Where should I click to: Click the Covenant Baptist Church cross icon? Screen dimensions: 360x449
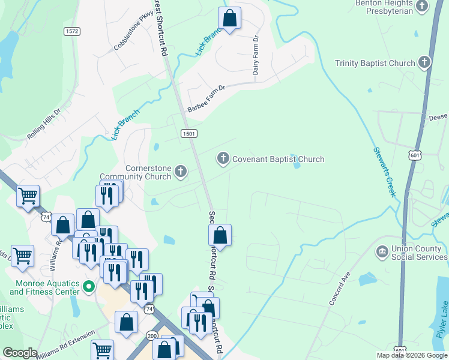pos(223,159)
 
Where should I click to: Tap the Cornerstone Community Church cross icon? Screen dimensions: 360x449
pos(180,173)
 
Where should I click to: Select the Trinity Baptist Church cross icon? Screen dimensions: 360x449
pos(424,63)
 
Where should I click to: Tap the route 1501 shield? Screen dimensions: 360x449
pos(188,134)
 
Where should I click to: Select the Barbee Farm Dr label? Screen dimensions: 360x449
pos(206,98)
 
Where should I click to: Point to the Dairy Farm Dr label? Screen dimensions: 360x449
pos(256,55)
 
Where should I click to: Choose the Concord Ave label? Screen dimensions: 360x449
pos(339,290)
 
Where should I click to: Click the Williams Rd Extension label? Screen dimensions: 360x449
pos(65,346)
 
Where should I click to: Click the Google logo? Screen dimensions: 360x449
pos(20,353)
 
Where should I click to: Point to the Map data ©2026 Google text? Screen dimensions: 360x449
pos(411,355)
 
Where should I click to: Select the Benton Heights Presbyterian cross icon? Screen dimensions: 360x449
pos(422,6)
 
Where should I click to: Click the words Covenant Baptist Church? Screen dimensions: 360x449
pos(278,159)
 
